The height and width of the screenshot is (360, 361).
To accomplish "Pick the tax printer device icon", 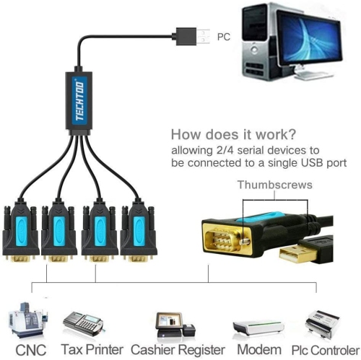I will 84,322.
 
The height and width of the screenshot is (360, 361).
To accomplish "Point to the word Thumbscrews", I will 275,185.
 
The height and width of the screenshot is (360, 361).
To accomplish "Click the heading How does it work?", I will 232,134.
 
